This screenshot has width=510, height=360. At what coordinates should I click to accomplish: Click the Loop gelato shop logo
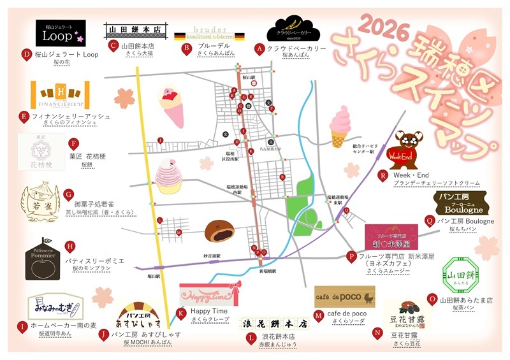tap(61, 33)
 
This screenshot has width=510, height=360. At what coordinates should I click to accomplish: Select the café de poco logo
tap(344, 297)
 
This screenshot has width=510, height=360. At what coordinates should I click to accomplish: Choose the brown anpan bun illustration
tap(220, 231)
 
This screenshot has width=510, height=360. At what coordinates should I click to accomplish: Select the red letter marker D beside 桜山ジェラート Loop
tap(27, 55)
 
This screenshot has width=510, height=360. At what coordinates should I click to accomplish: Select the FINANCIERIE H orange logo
tap(59, 94)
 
